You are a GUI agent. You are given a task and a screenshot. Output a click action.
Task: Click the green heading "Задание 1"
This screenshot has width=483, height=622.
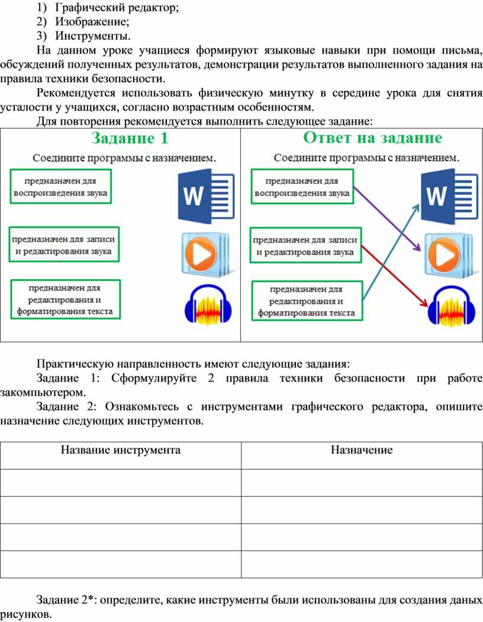point(130,138)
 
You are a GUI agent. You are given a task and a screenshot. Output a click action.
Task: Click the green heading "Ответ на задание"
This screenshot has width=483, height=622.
point(372,138)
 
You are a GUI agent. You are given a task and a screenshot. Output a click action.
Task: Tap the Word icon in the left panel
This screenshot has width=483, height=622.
point(207,196)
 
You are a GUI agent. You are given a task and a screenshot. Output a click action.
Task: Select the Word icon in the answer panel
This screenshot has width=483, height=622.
point(449,196)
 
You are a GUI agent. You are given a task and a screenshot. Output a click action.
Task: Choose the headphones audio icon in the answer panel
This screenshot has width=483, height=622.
point(452,306)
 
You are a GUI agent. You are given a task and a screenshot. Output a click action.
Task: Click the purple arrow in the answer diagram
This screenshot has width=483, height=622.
point(387,219)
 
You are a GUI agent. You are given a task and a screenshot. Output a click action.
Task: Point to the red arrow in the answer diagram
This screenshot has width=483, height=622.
point(395,276)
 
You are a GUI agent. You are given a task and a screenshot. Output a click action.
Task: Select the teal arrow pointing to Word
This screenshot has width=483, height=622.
point(391,251)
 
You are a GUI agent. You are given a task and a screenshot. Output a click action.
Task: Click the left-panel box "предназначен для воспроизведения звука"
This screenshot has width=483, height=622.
point(60,186)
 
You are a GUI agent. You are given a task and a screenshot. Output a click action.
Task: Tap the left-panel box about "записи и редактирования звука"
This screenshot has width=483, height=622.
point(63,245)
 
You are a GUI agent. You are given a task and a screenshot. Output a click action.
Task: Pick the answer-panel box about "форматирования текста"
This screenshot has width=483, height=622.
point(307,301)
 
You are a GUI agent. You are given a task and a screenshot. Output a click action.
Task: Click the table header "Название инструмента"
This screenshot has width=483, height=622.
point(120,450)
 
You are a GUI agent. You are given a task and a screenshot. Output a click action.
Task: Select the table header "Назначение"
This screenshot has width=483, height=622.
point(362,450)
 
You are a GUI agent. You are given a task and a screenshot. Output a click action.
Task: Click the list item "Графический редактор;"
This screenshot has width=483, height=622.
point(117,8)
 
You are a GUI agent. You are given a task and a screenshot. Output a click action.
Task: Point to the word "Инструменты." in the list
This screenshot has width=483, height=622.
point(92,36)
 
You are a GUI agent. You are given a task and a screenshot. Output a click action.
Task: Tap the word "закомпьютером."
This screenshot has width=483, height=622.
point(43,393)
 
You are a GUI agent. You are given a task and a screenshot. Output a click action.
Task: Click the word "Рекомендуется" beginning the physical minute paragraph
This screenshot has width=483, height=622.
point(76,93)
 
